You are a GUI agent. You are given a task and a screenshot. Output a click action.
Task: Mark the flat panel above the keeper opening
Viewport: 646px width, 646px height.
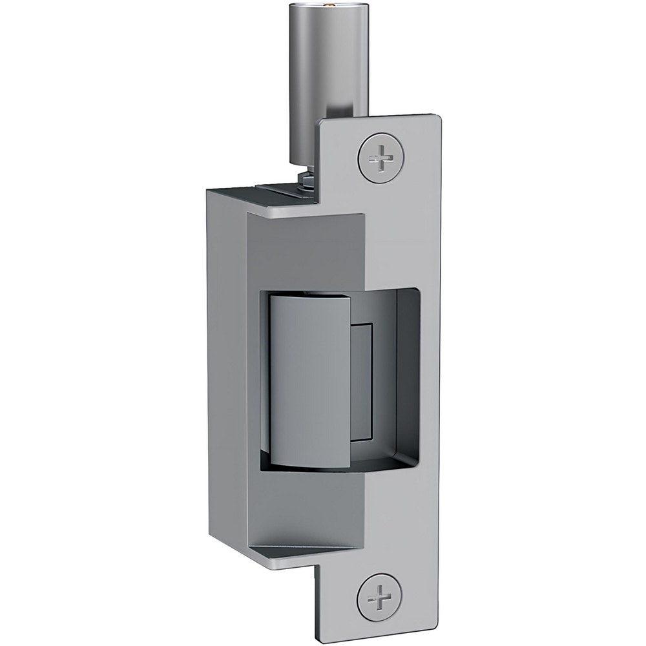pyautogui.click(x=304, y=252)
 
